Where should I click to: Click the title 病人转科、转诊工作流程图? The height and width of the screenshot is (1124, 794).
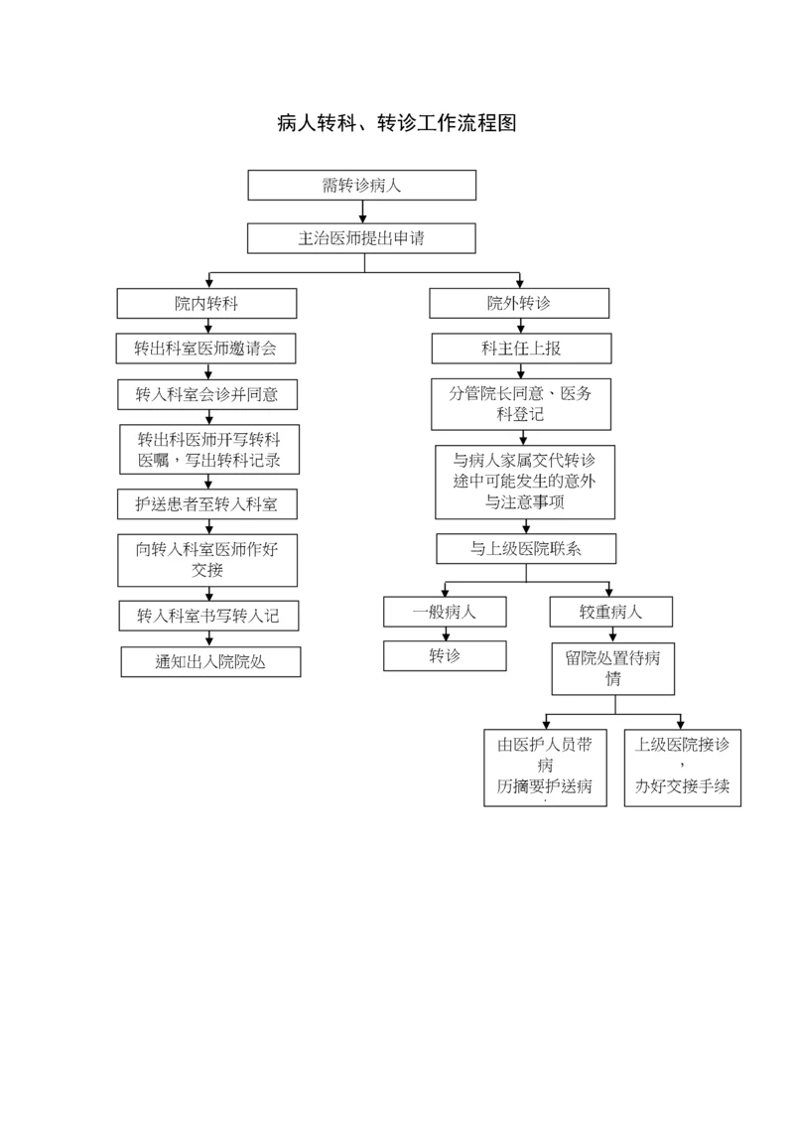pos(396,123)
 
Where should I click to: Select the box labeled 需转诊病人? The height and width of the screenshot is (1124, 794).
pos(361,185)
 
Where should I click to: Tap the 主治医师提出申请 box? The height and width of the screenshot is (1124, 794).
pos(361,238)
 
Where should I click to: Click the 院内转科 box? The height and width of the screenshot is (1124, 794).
pos(206,303)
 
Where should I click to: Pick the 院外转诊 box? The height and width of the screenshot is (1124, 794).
pos(518,303)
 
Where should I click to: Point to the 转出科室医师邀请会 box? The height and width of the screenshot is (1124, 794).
pos(206,349)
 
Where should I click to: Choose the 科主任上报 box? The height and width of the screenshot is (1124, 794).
pos(521,349)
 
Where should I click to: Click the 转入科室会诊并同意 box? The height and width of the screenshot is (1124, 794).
pos(206,394)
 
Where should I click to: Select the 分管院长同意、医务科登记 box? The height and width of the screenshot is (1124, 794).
pos(521,404)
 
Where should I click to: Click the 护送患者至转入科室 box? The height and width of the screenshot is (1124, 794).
pos(206,503)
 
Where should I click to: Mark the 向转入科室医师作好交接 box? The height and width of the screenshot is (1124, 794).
pos(207,559)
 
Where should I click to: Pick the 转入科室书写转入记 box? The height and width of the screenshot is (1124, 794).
pos(207,615)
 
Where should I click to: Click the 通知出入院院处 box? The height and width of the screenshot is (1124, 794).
pos(210,661)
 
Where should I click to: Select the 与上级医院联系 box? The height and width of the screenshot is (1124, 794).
pos(526,548)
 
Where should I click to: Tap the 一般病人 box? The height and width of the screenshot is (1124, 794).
pos(445,612)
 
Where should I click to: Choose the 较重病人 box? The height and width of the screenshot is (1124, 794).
pos(610,612)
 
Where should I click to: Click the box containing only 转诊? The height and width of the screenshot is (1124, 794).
pos(445,655)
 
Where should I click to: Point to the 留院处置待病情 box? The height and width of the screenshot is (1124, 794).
pos(613,668)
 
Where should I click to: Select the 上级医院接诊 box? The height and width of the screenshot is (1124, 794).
pos(682,768)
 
